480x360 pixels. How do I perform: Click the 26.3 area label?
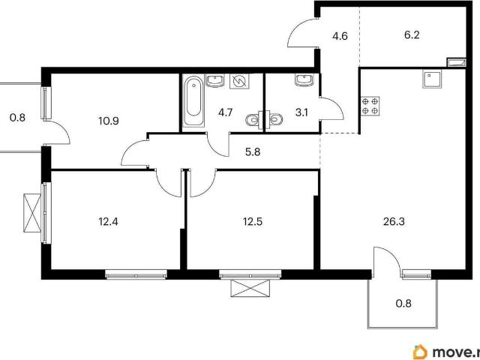pyautogui.click(x=394, y=221)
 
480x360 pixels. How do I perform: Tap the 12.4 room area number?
pyautogui.click(x=108, y=221)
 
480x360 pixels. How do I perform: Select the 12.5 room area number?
pyautogui.click(x=253, y=221)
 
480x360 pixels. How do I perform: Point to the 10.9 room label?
pyautogui.click(x=109, y=121)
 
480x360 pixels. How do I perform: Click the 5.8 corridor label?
pyautogui.click(x=253, y=151)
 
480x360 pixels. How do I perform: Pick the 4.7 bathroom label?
pyautogui.click(x=226, y=112)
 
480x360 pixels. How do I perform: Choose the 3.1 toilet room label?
pyautogui.click(x=301, y=113)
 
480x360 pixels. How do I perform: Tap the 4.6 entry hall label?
pyautogui.click(x=340, y=36)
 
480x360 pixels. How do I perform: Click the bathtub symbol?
pyautogui.click(x=193, y=100)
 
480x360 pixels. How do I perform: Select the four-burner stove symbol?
pyautogui.click(x=370, y=106)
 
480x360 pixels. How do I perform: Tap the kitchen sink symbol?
pyautogui.click(x=432, y=79)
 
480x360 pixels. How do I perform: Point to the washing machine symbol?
pyautogui.click(x=239, y=81)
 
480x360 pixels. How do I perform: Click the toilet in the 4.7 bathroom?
pyautogui.click(x=254, y=120)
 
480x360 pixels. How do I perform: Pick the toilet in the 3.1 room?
pyautogui.click(x=274, y=118)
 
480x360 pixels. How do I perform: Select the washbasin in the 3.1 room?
pyautogui.click(x=304, y=79)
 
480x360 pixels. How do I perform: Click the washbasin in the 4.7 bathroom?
pyautogui.click(x=216, y=80)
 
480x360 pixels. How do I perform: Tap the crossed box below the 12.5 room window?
pyautogui.click(x=250, y=288)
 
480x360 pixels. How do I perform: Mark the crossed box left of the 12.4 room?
pyautogui.click(x=32, y=213)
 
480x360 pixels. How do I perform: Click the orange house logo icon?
pyautogui.click(x=420, y=352)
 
